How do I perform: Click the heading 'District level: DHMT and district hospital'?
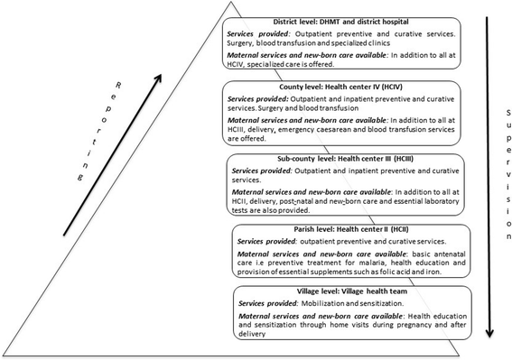305,22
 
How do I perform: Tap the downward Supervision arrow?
488,171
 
